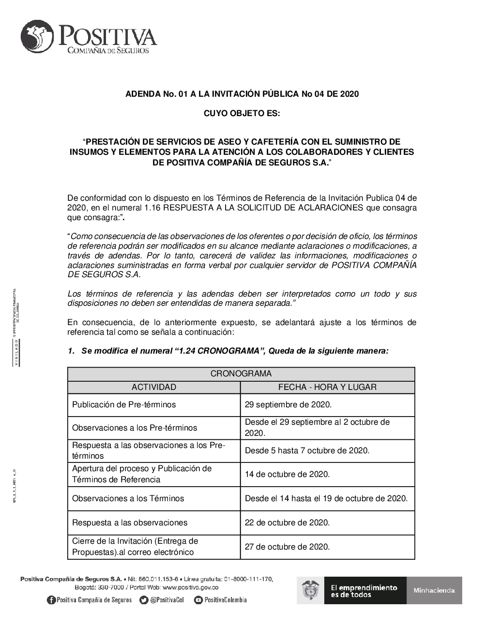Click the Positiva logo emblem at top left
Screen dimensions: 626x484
[38, 37]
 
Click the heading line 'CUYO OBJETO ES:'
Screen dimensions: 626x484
[242, 114]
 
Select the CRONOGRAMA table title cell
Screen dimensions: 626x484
[241, 374]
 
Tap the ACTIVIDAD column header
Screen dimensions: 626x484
[154, 387]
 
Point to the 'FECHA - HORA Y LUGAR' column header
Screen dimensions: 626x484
[327, 387]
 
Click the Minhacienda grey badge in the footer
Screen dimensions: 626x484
[434, 590]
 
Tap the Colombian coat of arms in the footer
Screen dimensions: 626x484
[310, 591]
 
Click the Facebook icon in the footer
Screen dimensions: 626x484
[51, 600]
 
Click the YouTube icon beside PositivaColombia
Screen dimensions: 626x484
[198, 600]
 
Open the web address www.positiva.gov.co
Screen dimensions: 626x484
[191, 588]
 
